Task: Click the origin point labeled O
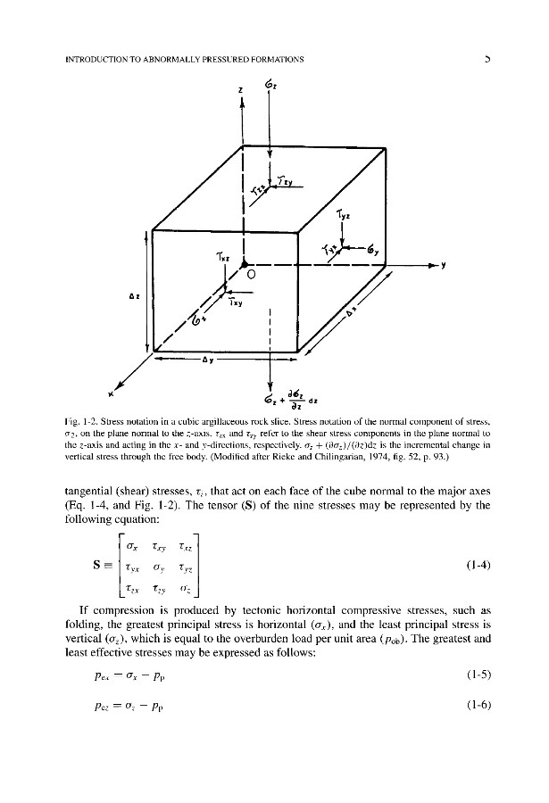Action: coord(251,275)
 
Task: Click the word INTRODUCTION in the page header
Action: coord(98,60)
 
